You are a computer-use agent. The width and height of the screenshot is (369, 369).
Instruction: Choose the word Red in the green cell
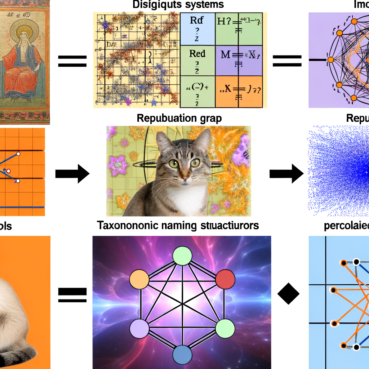(197, 54)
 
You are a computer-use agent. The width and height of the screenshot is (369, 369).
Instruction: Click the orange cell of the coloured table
(238, 92)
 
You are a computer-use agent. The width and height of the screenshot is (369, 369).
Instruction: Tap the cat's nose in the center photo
(184, 178)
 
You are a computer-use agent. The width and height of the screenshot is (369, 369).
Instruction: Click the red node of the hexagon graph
(225, 279)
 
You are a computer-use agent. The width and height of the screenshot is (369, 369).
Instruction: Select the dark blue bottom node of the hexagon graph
(183, 355)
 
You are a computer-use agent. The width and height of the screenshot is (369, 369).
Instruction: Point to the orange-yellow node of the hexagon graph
(139, 279)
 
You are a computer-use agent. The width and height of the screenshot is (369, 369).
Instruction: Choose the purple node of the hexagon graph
(139, 329)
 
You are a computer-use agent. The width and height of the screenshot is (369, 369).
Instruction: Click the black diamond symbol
(288, 294)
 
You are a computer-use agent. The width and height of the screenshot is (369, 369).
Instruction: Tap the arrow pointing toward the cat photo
(72, 174)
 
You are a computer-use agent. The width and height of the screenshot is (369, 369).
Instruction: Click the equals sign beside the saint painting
(72, 61)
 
